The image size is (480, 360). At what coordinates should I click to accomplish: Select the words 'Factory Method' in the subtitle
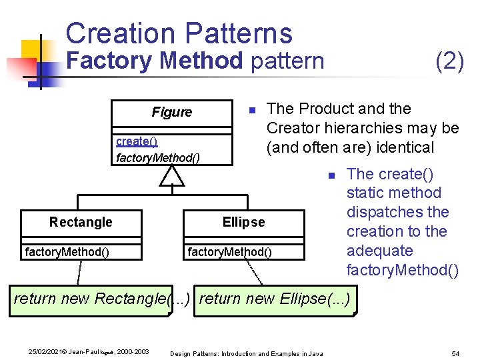point(157,61)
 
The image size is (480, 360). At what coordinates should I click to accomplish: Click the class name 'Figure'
point(171,112)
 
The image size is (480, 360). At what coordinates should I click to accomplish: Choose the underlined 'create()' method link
point(137,141)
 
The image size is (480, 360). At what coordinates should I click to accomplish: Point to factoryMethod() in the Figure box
point(157,158)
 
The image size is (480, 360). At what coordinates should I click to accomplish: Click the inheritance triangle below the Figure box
point(172,175)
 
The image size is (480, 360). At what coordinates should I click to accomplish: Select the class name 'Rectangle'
point(81,222)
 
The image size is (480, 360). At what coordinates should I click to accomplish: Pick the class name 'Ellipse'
point(243,222)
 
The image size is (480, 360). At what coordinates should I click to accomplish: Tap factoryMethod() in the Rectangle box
point(67,251)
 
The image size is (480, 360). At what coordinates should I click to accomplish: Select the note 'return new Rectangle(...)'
point(103,298)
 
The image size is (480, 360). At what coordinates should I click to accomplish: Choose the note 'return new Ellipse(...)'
point(274,298)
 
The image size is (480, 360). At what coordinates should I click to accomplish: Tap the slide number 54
point(456,352)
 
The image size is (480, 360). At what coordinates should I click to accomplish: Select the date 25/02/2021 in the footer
point(46,351)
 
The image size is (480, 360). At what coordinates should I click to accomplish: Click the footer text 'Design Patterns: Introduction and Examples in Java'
point(247,353)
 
